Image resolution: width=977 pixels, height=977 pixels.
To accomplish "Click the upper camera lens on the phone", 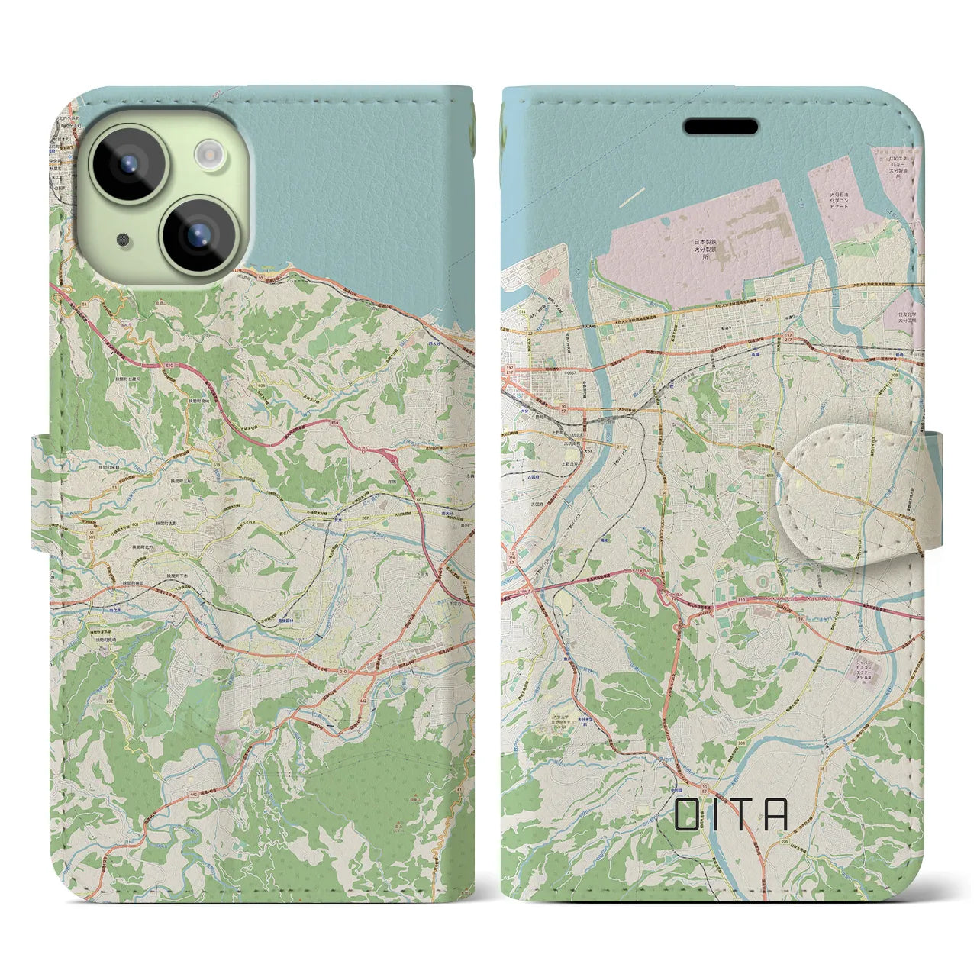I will tap(128, 163).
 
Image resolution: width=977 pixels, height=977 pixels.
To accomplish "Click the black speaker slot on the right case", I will tap(720, 126).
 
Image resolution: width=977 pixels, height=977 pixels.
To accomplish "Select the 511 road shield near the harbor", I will tap(522, 312).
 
